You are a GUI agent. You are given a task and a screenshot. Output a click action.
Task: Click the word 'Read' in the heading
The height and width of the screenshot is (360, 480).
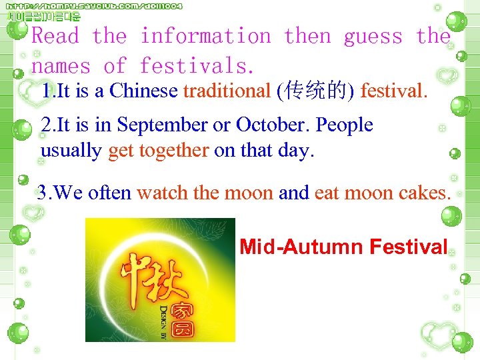[55, 36]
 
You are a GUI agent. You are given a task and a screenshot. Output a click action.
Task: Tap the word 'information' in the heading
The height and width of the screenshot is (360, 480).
[205, 36]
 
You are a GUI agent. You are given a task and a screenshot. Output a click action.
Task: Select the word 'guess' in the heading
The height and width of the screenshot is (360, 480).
[373, 36]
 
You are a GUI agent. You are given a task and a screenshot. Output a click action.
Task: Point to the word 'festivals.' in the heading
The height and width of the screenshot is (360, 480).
[197, 65]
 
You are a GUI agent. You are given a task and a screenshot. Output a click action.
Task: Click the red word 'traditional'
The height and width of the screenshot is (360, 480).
[227, 90]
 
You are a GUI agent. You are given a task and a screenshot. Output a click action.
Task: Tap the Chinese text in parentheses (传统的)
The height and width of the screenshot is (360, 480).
[315, 90]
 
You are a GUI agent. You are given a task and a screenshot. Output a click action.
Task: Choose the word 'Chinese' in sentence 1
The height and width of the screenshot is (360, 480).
[144, 90]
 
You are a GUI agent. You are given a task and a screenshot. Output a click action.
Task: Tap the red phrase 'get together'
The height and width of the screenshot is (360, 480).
[158, 151]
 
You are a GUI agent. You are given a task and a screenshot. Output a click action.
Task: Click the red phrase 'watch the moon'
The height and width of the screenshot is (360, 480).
[205, 193]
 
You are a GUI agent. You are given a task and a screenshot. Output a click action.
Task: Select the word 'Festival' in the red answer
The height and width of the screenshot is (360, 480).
[408, 247]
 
